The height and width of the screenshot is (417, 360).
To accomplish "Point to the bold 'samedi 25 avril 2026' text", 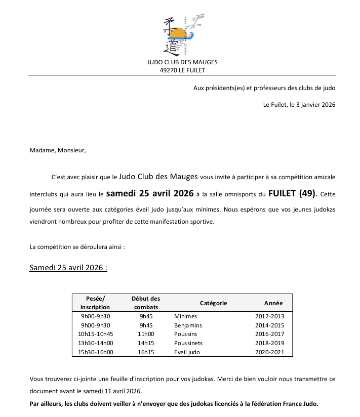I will click(x=150, y=193).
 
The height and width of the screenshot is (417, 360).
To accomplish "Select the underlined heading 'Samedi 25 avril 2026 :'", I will click(x=68, y=268).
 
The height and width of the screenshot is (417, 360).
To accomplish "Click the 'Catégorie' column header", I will click(x=213, y=303).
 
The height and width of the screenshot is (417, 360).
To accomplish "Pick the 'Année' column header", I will click(x=273, y=303).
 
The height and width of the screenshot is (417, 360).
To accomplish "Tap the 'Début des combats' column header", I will click(x=146, y=303).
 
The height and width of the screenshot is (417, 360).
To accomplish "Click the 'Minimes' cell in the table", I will click(x=185, y=316).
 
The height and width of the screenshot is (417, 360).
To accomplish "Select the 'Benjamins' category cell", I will click(x=188, y=325).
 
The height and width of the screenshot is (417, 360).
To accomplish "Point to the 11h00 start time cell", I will click(x=146, y=334).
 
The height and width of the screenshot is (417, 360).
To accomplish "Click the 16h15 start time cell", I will click(x=146, y=352).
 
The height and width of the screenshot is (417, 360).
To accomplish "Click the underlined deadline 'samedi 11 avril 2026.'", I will click(x=112, y=391).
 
